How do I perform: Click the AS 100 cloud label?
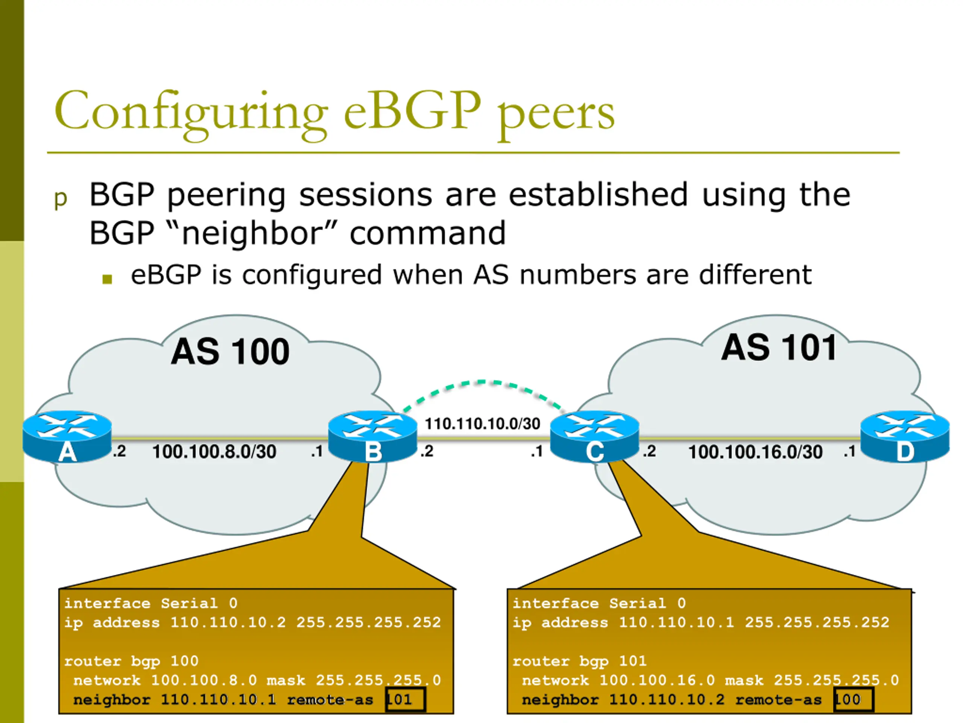230,352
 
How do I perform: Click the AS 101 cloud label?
779,348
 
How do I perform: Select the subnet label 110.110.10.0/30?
482,424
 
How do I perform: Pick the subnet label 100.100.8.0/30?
214,451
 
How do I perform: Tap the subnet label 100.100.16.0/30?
755,452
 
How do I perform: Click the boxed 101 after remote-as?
405,700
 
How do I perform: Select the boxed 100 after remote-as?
853,700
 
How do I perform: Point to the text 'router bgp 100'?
131,662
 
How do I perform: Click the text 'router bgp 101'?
579,662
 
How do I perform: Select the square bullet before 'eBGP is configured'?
107,279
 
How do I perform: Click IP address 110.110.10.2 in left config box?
228,622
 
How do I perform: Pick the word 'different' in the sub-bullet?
755,275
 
